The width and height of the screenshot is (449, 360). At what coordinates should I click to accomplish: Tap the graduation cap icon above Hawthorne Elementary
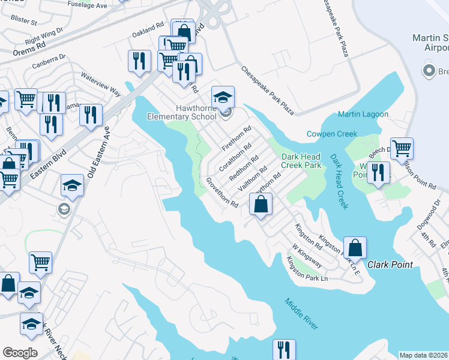pyautogui.click(x=223, y=97)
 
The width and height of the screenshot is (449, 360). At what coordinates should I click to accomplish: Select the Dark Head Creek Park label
pyautogui.click(x=301, y=161)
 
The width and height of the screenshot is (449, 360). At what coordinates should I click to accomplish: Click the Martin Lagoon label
pyautogui.click(x=363, y=114)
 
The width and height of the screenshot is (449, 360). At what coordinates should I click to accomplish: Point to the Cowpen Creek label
pyautogui.click(x=332, y=134)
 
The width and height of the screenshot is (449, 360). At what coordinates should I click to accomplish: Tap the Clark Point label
pyautogui.click(x=388, y=264)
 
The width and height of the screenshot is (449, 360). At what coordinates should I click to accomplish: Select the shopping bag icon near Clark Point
pyautogui.click(x=355, y=247)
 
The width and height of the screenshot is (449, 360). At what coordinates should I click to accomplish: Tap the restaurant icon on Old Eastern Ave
pyautogui.click(x=91, y=115)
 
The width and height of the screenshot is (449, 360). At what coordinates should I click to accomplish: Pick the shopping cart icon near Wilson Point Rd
pyautogui.click(x=402, y=148)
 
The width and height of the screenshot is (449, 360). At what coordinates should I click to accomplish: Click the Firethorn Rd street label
pyautogui.click(x=236, y=139)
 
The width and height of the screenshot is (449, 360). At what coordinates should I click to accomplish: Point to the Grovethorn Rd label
pyautogui.click(x=222, y=193)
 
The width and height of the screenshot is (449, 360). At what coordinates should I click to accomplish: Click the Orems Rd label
pyautogui.click(x=29, y=49)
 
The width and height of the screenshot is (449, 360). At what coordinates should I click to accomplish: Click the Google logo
pyautogui.click(x=20, y=353)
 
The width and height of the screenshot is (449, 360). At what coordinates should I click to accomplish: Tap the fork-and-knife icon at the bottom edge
pyautogui.click(x=284, y=349)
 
